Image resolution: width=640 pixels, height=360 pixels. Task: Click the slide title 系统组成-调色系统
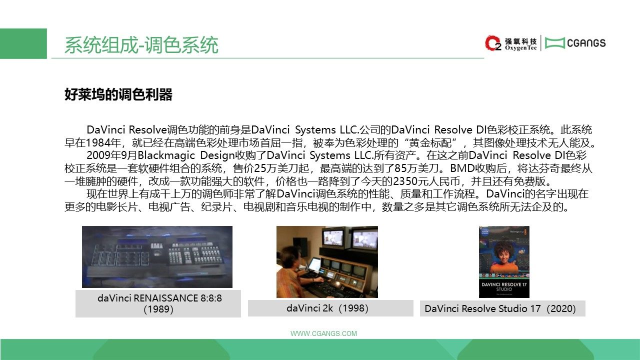[141, 45]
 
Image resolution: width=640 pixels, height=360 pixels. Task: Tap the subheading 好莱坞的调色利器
[118, 94]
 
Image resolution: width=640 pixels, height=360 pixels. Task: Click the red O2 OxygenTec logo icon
[493, 43]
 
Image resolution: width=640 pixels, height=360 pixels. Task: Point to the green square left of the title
[23, 43]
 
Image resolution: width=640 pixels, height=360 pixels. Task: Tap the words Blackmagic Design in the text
[186, 155]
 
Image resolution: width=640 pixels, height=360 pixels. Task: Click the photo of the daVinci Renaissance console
[157, 257]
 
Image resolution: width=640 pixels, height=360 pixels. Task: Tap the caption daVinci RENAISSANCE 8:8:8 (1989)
[159, 303]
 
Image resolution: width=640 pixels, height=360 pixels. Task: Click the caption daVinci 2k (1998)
[327, 308]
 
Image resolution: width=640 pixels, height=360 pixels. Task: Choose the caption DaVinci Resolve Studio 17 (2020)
[500, 308]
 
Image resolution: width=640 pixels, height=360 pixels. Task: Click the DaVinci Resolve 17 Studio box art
[504, 261]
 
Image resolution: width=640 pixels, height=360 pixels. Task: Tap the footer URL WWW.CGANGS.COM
[323, 333]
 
